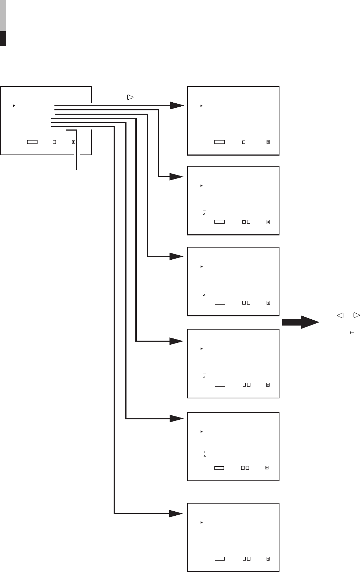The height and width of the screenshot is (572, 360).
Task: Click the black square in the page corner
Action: click(3, 39)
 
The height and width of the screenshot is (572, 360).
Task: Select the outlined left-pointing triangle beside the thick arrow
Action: click(340, 315)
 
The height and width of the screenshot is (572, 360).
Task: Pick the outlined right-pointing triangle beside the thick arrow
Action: click(356, 315)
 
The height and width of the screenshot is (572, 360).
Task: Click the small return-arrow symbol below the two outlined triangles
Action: click(352, 333)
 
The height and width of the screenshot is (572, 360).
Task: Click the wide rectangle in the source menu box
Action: click(32, 142)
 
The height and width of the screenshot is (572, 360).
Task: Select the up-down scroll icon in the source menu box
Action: click(74, 142)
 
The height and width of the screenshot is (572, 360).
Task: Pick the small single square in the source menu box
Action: click(54, 142)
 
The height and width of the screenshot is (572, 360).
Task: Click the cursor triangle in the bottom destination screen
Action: click(202, 522)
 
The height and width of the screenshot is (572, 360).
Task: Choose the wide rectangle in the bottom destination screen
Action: click(220, 558)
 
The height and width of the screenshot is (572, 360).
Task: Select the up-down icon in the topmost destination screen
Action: click(268, 142)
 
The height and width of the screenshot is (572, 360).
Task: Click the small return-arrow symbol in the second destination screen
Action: click(204, 210)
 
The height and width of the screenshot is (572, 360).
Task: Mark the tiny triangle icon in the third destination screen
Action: click(204, 295)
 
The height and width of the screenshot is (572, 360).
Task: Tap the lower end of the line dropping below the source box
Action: click(77, 169)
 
